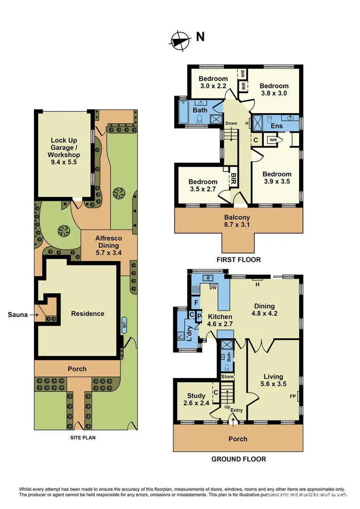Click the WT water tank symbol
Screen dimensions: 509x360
[x=124, y=325]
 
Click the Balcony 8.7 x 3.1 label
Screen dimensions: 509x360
[x=237, y=221]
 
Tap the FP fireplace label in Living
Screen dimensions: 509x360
[x=293, y=396]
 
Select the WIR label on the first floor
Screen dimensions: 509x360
[x=273, y=140]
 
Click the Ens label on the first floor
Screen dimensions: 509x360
[x=277, y=126]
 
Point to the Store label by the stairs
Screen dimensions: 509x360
[x=228, y=377]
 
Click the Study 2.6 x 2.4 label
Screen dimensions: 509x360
[x=196, y=399]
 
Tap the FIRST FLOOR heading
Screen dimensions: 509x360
[x=238, y=260]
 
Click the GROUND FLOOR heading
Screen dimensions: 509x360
[x=238, y=459]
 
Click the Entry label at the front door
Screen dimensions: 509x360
[x=237, y=410]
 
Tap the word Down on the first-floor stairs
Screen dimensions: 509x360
[x=231, y=123]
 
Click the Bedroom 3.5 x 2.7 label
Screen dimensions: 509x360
[x=203, y=185]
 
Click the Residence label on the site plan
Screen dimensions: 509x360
[x=88, y=313]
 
